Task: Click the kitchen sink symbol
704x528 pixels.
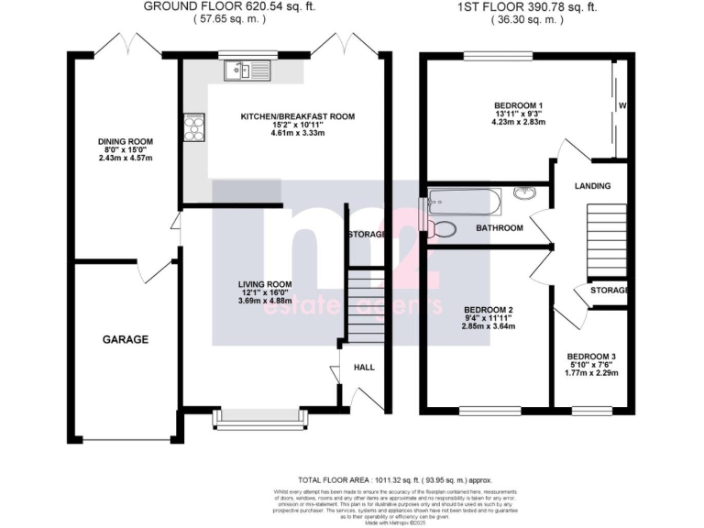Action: (246, 70)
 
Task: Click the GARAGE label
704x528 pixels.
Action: (125, 339)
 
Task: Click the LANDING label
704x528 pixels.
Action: (592, 186)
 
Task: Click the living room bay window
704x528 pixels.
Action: (259, 418)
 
